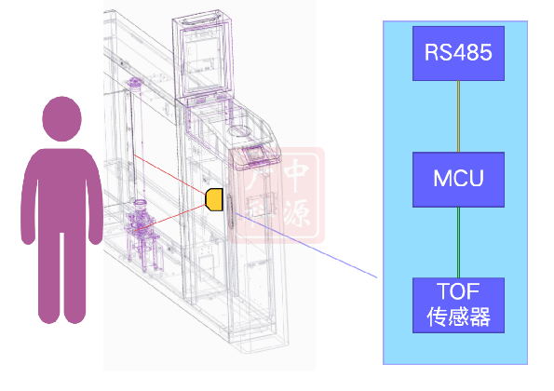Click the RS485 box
(x=458, y=53)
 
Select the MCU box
(x=458, y=180)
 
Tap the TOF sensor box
(x=458, y=305)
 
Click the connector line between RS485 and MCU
(x=458, y=116)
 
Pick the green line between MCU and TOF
(x=458, y=242)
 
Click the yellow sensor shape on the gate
(x=214, y=199)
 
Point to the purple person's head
(x=61, y=118)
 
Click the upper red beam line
(x=169, y=174)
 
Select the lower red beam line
(x=169, y=218)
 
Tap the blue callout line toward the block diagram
(x=306, y=245)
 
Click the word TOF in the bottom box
(x=458, y=291)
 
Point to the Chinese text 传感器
(x=458, y=317)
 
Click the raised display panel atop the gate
(x=204, y=57)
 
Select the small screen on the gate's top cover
(x=254, y=155)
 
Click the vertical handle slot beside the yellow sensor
(x=231, y=211)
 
